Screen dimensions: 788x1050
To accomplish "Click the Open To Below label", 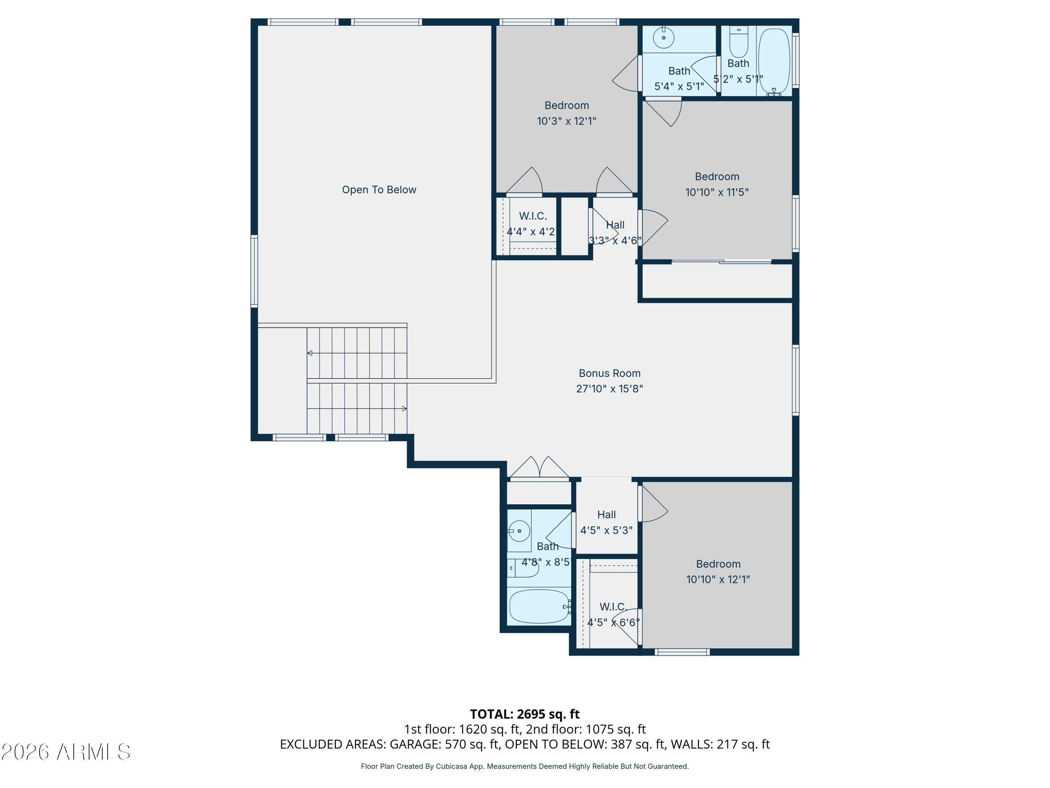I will pos(379,189).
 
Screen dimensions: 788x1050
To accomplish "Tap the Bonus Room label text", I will pos(609,373).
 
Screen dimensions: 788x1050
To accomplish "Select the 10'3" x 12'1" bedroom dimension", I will pos(566,121).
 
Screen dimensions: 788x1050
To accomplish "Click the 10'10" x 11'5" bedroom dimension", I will pos(717,192).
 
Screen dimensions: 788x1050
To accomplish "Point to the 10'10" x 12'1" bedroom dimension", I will pos(718,580).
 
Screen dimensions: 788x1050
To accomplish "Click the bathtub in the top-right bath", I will pos(774,61).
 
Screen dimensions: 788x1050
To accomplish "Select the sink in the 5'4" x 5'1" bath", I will pos(664,37).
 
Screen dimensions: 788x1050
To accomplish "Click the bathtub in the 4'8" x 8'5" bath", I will pos(539,607).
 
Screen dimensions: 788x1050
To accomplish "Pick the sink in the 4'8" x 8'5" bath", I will pos(520,531).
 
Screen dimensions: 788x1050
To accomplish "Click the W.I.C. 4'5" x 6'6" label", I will pos(613,615).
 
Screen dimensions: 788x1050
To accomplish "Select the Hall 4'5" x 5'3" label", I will pos(606,523).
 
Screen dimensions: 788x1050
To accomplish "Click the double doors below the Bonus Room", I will pos(539,468).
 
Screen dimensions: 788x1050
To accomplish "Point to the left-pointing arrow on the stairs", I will pos(309,353).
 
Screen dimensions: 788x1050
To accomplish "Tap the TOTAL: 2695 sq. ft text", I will pos(525,714).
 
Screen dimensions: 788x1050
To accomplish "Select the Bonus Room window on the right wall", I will pos(796,380).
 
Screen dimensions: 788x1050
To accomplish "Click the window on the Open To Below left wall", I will pos(254,271).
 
